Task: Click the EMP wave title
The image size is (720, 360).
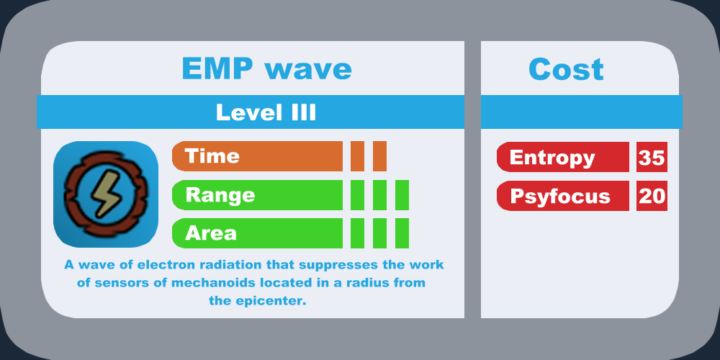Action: coord(267,69)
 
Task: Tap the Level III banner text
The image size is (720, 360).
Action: coord(266,112)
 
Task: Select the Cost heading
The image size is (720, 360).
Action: coord(566,69)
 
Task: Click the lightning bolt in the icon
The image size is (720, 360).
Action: coord(106,193)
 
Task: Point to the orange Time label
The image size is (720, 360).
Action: coord(257,156)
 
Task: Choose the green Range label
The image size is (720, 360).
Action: coord(257,194)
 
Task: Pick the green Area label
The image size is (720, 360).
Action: coord(257,233)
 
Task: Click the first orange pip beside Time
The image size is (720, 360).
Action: coord(357,156)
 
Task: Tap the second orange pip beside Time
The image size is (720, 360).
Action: coord(379,156)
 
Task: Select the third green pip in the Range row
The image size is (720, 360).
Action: coord(402,194)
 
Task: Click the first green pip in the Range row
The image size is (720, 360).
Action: coord(357,194)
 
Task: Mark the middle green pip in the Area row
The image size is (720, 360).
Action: coord(379,233)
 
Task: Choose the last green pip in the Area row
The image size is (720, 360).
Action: coord(402,233)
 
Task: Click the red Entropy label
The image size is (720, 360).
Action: coord(563,157)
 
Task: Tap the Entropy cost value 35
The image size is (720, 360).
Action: coord(652,157)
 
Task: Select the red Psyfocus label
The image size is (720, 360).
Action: coord(563,196)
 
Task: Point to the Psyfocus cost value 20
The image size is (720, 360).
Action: coord(652,196)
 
